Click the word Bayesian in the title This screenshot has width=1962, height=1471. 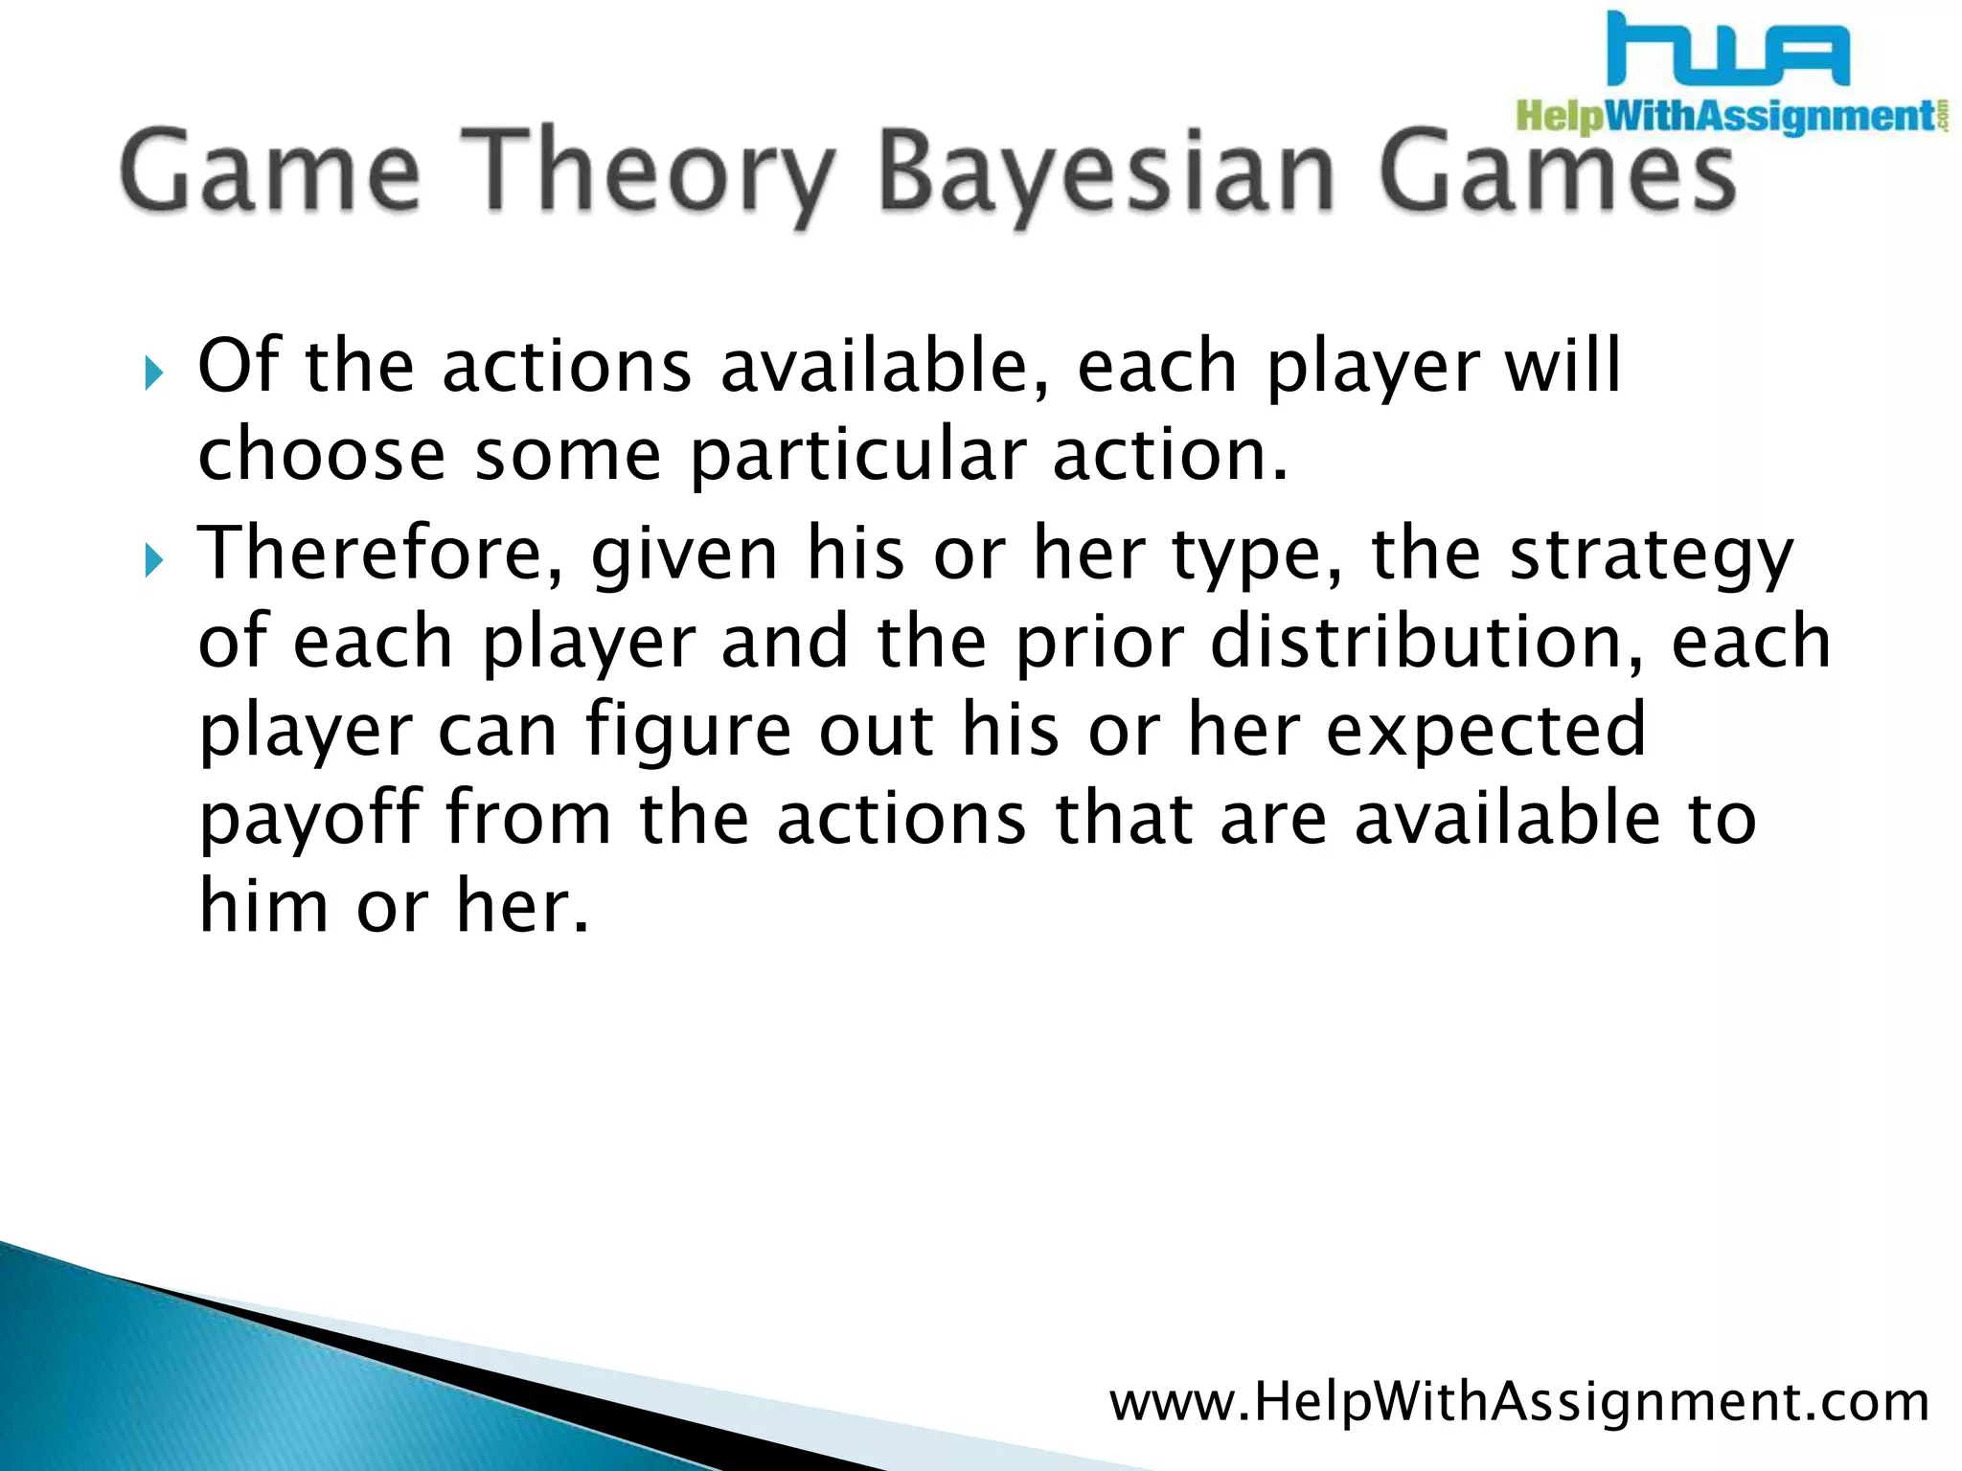(1106, 172)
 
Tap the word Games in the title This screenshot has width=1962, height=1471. (1557, 172)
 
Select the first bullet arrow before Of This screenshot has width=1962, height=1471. (154, 373)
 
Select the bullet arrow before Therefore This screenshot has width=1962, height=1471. (154, 560)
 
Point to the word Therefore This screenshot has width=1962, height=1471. (380, 554)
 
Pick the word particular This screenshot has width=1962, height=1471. (858, 457)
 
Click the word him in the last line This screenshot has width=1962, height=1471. (263, 905)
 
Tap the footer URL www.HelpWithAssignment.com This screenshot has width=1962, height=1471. (1518, 1402)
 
